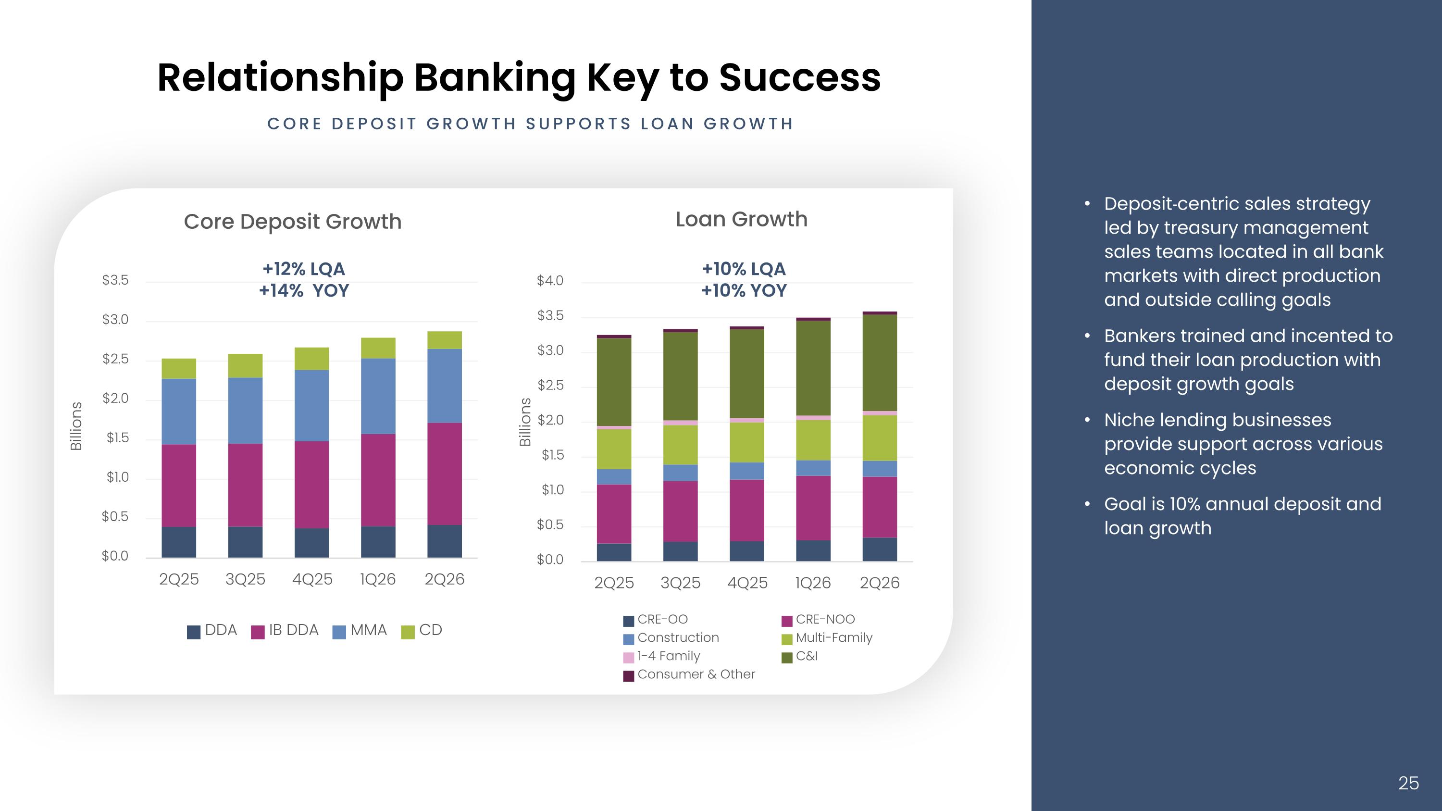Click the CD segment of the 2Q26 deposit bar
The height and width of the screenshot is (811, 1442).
point(445,340)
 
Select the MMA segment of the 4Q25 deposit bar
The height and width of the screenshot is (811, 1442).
point(312,406)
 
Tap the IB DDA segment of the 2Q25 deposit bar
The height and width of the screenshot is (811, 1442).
point(179,486)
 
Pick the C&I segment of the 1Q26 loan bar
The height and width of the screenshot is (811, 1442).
point(813,368)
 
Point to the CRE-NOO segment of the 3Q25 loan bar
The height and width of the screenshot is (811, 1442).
point(681,512)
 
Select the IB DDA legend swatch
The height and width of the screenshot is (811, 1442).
point(258,632)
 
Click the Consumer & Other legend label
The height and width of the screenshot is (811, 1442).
point(696,674)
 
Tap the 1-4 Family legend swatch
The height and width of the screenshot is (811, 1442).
point(629,658)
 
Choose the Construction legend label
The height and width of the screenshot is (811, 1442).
point(678,637)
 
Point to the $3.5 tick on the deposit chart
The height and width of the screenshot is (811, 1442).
point(115,280)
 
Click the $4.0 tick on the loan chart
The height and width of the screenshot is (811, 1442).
point(550,280)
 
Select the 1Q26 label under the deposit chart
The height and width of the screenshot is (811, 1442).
point(378,579)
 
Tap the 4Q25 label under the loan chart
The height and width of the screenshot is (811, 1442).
point(747,583)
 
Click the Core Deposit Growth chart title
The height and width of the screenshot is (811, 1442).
point(293,222)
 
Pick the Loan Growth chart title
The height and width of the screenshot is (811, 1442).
point(742,219)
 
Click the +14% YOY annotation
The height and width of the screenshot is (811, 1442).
point(304,291)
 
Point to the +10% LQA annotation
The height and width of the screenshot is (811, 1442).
point(744,269)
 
